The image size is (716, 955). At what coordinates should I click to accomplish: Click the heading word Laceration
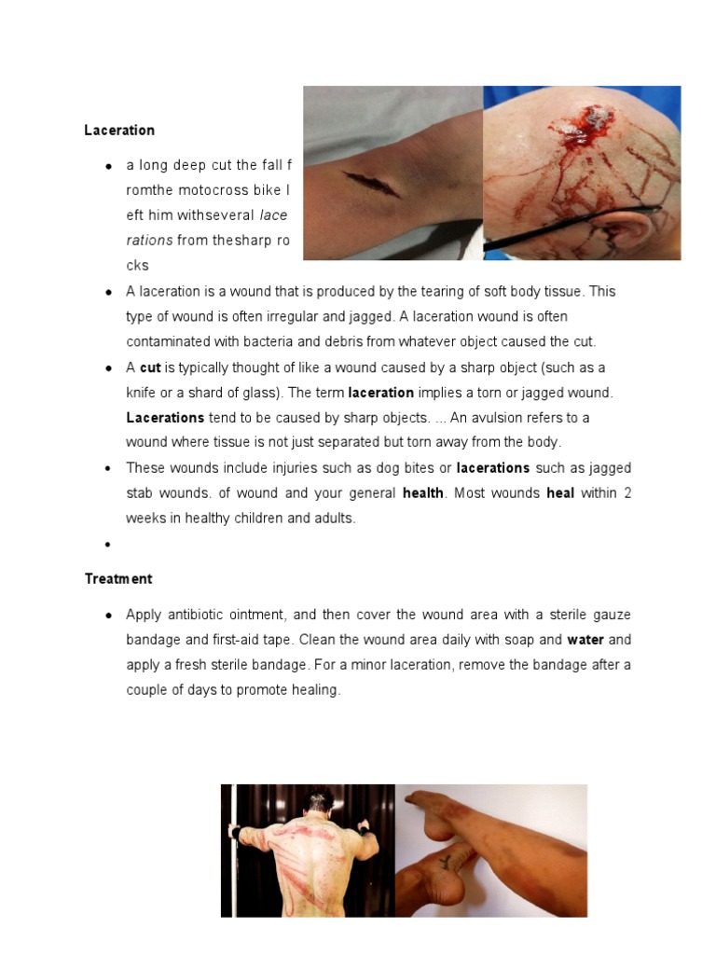point(119,131)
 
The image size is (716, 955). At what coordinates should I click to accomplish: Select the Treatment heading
point(118,579)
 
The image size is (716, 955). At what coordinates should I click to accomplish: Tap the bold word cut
point(150,368)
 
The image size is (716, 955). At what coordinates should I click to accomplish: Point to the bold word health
point(422,493)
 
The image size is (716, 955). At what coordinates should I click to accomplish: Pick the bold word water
point(585,641)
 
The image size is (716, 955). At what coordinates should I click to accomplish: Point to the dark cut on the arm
point(372,184)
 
